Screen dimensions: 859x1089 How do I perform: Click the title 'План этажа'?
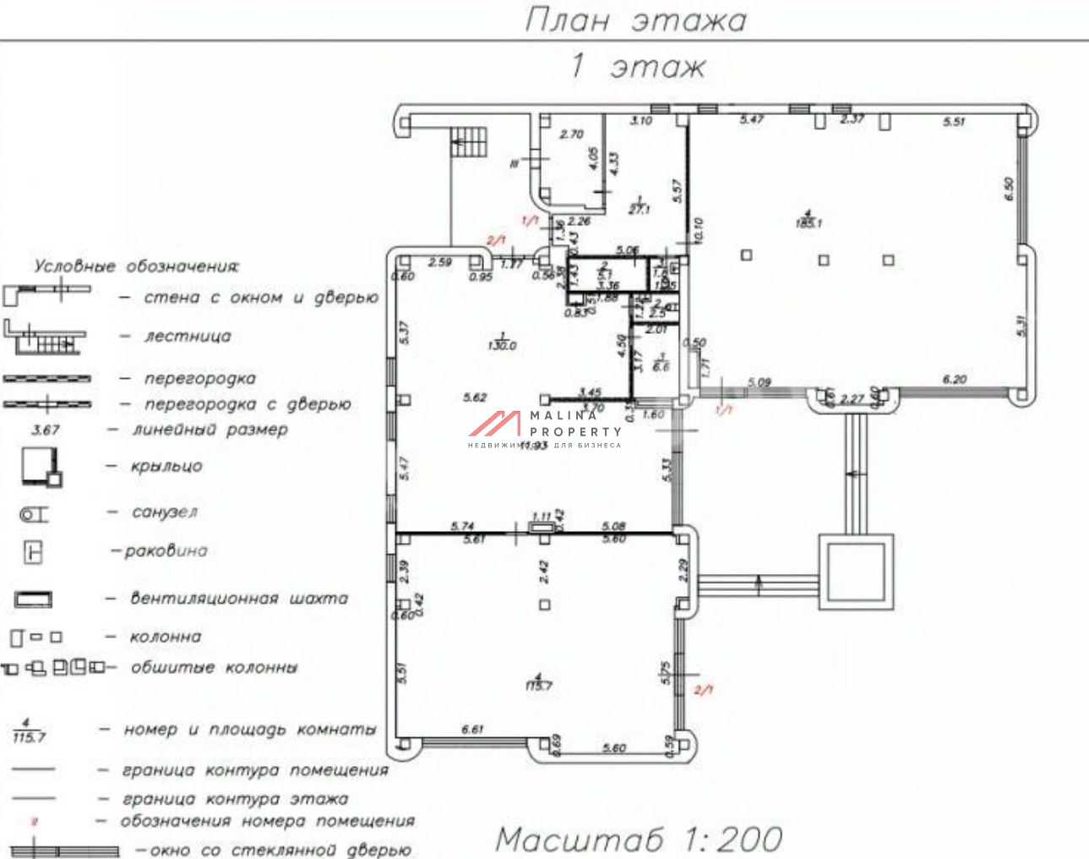[635, 19]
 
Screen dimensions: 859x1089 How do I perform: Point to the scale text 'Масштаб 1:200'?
[639, 839]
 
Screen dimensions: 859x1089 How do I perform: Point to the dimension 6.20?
[954, 380]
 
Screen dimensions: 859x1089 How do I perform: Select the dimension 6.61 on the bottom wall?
[473, 729]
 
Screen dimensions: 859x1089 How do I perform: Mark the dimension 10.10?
[698, 231]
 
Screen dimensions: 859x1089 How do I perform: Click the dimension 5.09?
[759, 383]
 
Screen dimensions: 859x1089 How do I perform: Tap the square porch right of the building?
[855, 571]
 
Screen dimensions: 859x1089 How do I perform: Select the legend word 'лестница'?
[188, 336]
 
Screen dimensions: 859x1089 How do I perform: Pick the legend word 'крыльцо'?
[166, 466]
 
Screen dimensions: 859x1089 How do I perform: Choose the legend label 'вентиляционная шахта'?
[238, 599]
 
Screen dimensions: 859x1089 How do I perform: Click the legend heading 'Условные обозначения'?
[136, 266]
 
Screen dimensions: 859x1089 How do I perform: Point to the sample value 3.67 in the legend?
[46, 429]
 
